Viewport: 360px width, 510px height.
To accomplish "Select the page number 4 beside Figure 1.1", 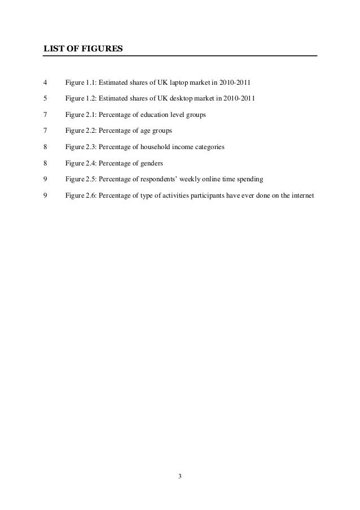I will (x=45, y=84).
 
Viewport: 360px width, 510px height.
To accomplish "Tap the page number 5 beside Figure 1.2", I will (x=45, y=99).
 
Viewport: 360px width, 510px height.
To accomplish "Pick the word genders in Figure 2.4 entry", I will (x=151, y=163).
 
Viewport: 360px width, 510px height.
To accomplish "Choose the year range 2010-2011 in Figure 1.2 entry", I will (x=238, y=99).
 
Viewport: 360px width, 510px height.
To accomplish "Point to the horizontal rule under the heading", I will (x=180, y=56).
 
